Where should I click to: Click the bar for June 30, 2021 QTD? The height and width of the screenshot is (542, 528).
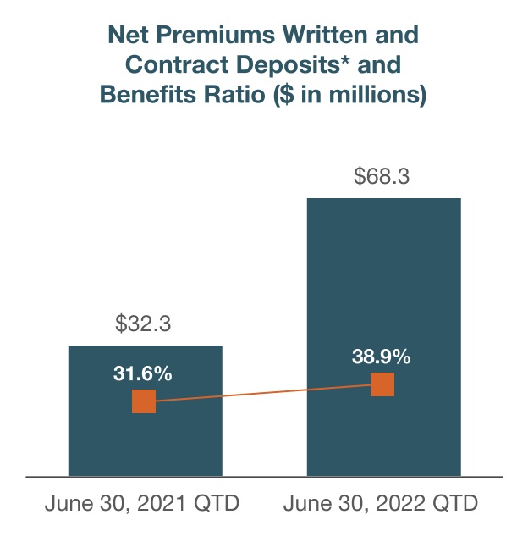pyautogui.click(x=145, y=440)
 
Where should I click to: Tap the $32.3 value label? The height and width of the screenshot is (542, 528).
pyautogui.click(x=145, y=324)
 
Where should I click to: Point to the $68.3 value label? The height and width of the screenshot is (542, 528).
pyautogui.click(x=383, y=177)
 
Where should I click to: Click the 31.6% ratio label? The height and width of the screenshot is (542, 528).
pyautogui.click(x=143, y=373)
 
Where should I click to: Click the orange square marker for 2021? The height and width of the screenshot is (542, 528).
pyautogui.click(x=144, y=401)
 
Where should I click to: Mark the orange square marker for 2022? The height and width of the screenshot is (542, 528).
pyautogui.click(x=382, y=384)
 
